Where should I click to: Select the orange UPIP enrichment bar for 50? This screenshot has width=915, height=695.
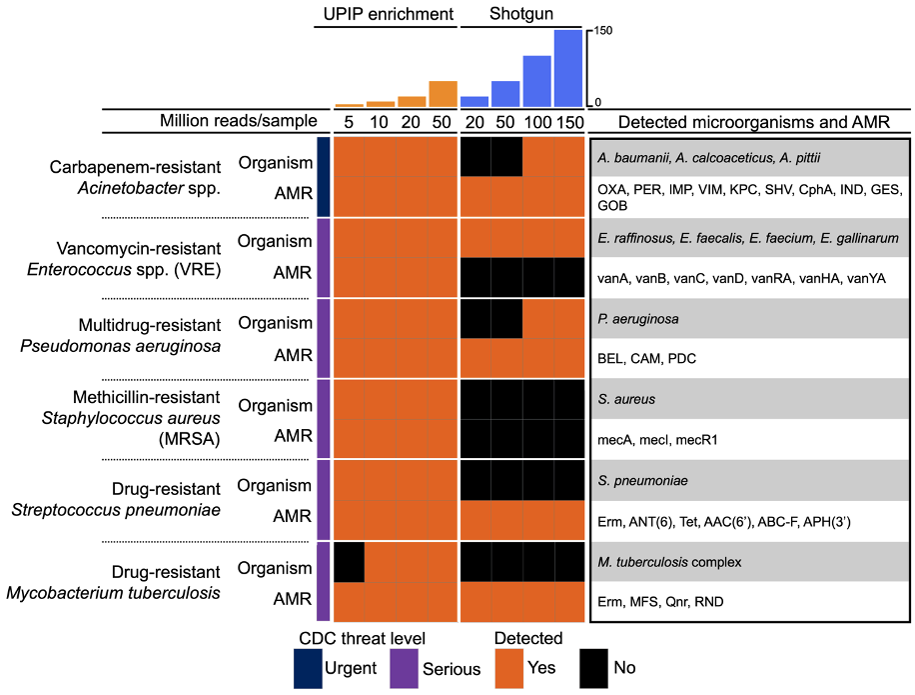(443, 93)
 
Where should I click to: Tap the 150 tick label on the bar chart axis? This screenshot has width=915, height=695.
(603, 30)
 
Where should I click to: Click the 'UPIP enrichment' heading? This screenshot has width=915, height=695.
(385, 14)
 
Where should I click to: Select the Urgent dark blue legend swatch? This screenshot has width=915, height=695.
(308, 668)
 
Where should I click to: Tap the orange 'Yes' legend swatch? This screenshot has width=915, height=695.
(510, 668)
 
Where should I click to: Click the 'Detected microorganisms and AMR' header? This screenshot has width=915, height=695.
(753, 122)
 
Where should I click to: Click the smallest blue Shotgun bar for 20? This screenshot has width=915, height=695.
(474, 101)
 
